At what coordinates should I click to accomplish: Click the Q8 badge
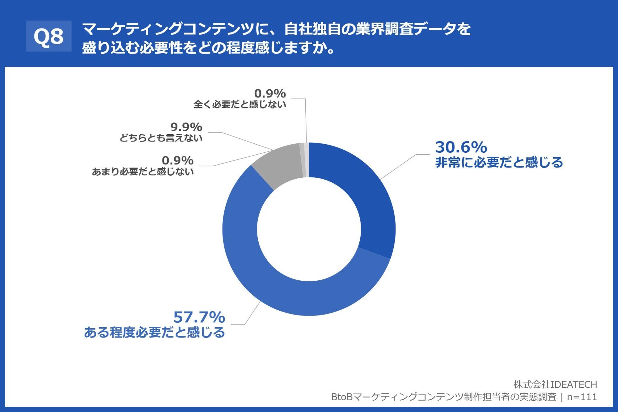pos(49,36)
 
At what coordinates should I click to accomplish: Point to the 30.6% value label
pos(461,147)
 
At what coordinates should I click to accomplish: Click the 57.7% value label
pos(199,317)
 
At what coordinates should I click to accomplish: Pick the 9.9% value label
pos(186,127)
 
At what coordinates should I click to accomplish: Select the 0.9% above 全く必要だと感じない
pos(270,93)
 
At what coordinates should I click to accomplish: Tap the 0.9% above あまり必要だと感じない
pos(178,160)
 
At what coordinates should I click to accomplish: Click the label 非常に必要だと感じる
pos(499,163)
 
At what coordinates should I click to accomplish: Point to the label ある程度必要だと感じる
pos(154,333)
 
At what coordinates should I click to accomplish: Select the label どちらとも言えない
pos(161,138)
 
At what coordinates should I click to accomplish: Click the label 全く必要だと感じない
pos(240,104)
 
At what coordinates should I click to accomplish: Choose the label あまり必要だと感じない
pos(143,172)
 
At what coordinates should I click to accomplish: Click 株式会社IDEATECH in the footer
pos(555,384)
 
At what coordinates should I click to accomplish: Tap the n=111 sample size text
pos(582,397)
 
